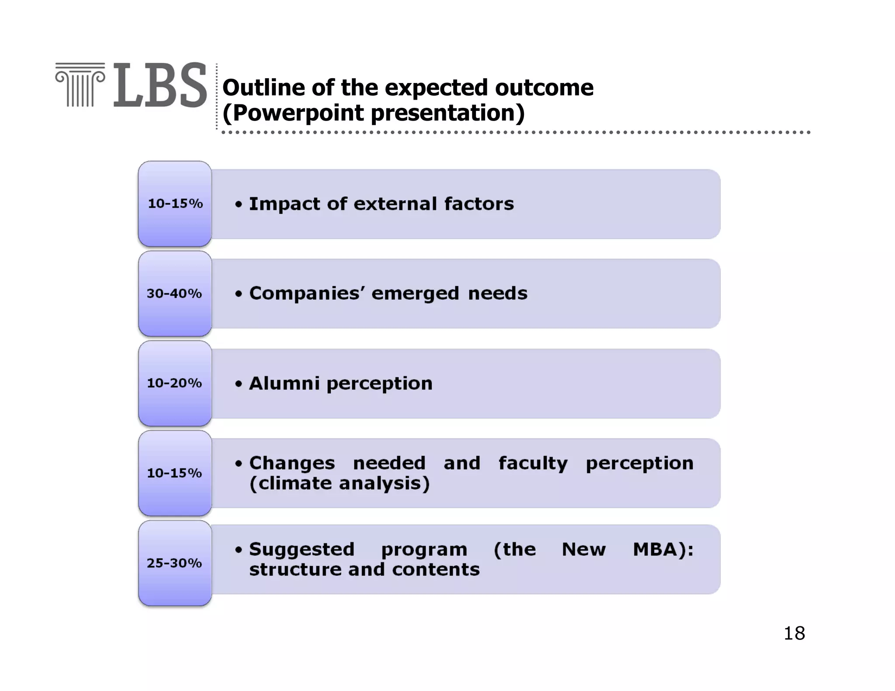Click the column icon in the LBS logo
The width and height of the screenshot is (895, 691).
tap(80, 85)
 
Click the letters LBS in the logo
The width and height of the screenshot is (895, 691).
tap(160, 86)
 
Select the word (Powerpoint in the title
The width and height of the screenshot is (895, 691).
tap(293, 113)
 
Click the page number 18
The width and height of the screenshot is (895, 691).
tap(794, 633)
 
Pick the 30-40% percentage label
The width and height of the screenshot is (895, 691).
tap(174, 294)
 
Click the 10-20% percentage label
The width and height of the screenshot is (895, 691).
tap(174, 383)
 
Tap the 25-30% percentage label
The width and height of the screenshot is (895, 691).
tap(174, 563)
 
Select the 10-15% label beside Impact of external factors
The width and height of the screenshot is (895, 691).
tap(175, 204)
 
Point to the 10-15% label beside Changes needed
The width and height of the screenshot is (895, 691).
tap(174, 473)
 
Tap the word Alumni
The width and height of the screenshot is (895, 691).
tap(284, 384)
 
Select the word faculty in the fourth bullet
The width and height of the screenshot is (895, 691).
tap(533, 463)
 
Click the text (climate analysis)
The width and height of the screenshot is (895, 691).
tap(340, 484)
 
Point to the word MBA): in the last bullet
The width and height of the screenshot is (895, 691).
tap(663, 549)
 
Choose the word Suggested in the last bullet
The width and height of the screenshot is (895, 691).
tap(302, 550)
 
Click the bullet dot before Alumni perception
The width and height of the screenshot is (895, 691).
tap(238, 384)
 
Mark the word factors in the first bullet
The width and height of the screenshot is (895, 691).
tap(479, 204)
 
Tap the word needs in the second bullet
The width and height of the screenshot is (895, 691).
tap(498, 294)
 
